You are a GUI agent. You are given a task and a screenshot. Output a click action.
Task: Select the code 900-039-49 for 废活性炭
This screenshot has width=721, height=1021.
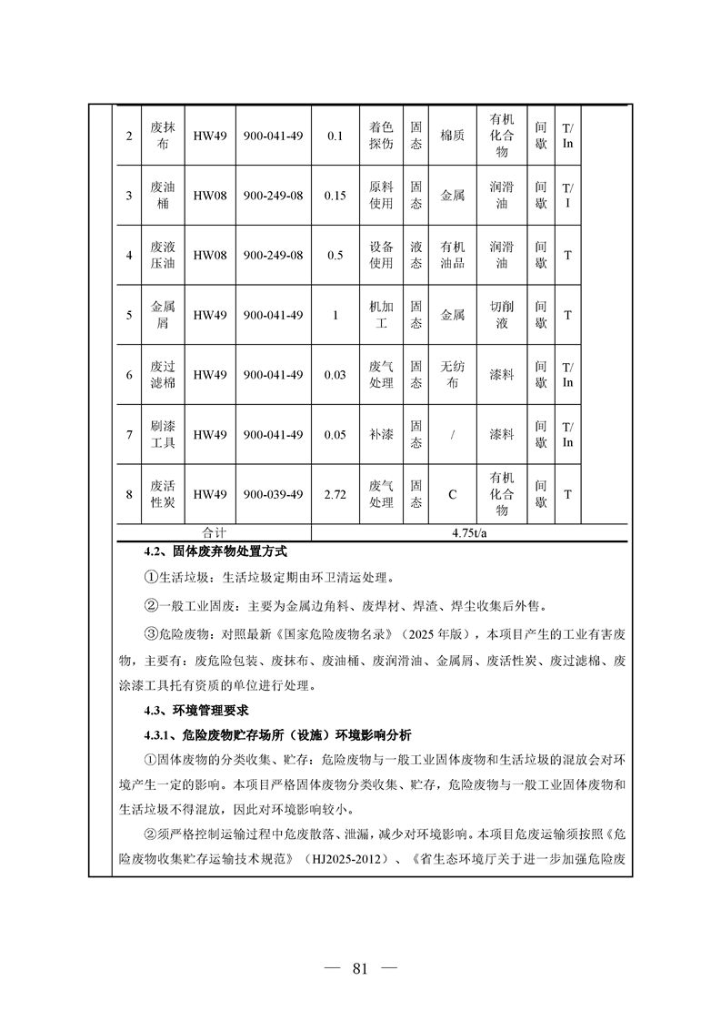(273, 494)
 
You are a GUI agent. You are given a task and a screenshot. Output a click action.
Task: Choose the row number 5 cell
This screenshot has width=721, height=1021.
(129, 316)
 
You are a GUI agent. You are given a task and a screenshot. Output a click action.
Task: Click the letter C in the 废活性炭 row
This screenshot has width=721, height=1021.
(452, 494)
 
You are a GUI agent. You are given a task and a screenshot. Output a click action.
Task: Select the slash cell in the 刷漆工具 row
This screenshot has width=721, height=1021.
(452, 435)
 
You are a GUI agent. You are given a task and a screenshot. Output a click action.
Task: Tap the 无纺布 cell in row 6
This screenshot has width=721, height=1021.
(452, 375)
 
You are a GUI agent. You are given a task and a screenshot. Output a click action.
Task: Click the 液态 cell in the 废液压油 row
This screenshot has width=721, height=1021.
(416, 256)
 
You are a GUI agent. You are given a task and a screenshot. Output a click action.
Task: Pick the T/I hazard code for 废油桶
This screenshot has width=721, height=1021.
(567, 196)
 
